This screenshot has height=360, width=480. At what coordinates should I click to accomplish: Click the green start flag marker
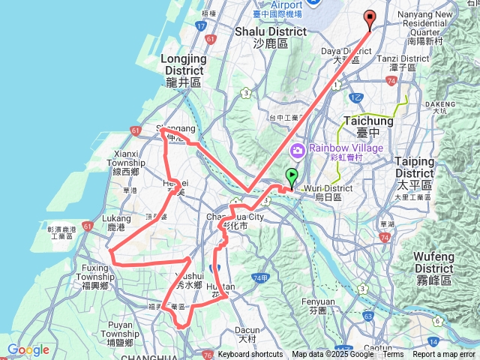(x=291, y=177)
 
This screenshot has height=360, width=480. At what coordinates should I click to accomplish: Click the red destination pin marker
(x=370, y=19)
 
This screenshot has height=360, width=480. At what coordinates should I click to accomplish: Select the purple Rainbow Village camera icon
(x=298, y=150)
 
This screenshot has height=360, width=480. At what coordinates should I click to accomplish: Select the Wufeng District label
(x=433, y=262)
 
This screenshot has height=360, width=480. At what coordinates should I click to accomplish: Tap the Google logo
(x=28, y=349)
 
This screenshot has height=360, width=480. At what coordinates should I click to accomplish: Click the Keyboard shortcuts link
(x=250, y=355)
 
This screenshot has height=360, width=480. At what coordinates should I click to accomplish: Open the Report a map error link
(x=445, y=355)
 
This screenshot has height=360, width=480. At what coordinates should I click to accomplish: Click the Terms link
(x=393, y=355)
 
